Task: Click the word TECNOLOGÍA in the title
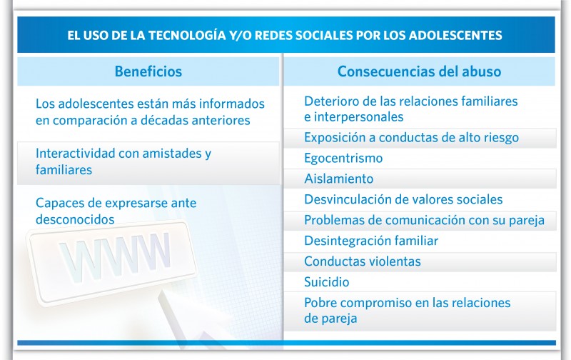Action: coord(191,34)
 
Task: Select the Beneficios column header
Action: coord(148,71)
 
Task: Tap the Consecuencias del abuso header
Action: coord(419,71)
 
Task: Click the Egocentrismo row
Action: coord(343,158)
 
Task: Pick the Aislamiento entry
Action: coord(338,179)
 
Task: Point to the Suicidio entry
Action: coord(326,282)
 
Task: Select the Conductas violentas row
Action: coord(363,261)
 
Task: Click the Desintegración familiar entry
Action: coord(371,241)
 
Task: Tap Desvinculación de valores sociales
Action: coord(403,199)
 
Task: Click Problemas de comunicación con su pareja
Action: coord(424,220)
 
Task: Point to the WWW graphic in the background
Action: coord(114,254)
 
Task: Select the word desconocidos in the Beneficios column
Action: coord(75,219)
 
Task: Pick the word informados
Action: coord(232,104)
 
